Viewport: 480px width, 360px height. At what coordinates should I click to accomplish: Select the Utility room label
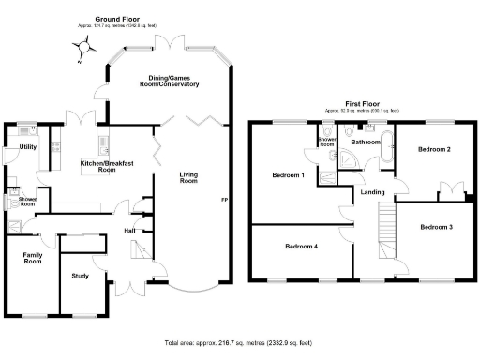(27, 147)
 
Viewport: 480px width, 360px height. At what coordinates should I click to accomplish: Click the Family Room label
(33, 257)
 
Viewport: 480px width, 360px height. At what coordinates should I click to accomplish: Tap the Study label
(82, 276)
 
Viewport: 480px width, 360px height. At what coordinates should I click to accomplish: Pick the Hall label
(131, 229)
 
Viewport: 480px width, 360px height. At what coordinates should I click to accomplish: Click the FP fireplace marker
(224, 200)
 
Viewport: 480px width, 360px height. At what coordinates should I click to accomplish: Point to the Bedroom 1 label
(288, 175)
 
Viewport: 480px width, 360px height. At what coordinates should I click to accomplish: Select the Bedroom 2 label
(435, 149)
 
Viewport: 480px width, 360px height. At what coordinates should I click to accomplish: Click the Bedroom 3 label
(436, 227)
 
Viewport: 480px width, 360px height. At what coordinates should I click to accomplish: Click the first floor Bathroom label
(365, 142)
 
